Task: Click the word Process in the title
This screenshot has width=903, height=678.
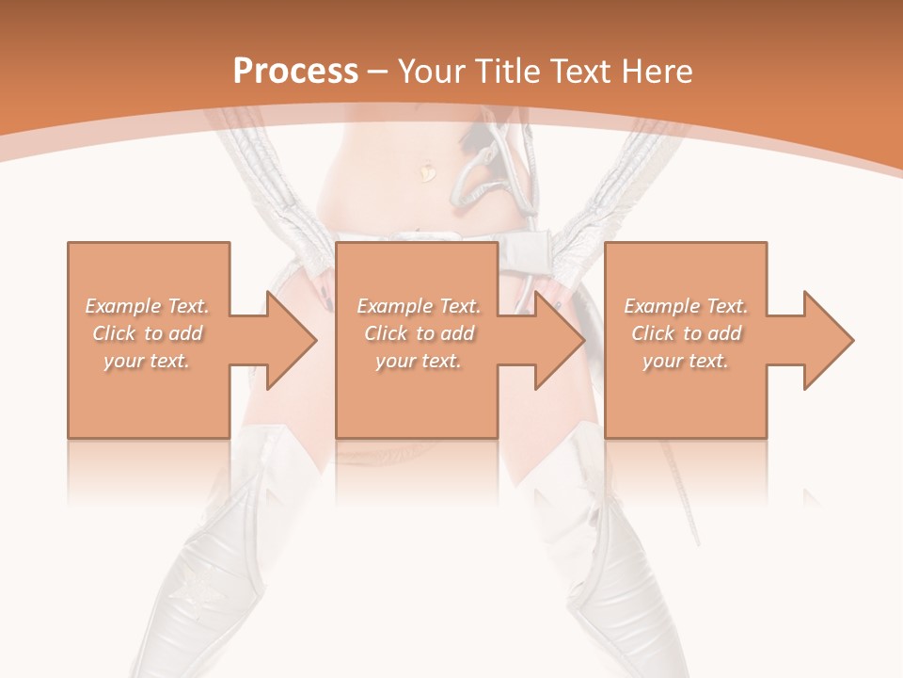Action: pos(295,72)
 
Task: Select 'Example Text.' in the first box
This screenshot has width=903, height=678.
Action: pos(148,306)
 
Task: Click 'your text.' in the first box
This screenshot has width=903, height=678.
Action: pos(148,361)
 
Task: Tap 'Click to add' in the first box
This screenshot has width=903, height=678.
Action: pos(148,333)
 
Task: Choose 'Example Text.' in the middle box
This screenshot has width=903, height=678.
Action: pos(419,306)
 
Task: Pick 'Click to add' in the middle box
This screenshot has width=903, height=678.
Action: pos(419,333)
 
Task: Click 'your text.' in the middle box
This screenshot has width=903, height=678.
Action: pos(419,361)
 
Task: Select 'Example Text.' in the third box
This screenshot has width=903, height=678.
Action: pos(686,306)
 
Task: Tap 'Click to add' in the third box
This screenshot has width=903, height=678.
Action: pos(686,333)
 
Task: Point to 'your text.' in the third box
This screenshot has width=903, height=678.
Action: pos(686,361)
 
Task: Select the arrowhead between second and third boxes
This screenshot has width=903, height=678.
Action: pos(558,340)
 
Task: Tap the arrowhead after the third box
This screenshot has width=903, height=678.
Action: pos(826,340)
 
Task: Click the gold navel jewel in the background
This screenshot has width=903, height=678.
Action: pos(429,171)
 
